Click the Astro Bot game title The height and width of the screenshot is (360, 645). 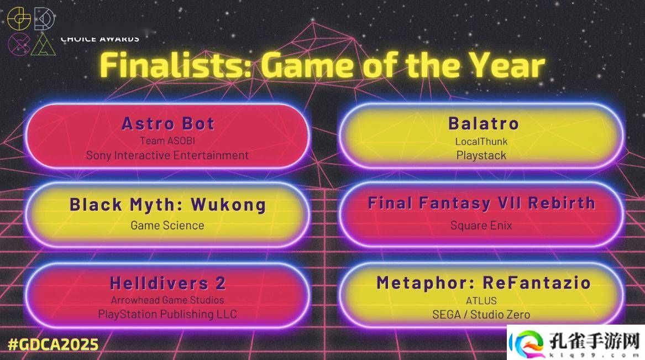pos(168,124)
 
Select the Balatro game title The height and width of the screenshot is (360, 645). pos(484,124)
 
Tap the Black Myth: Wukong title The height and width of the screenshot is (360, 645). pos(167,205)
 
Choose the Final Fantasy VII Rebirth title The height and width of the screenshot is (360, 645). pos(481,204)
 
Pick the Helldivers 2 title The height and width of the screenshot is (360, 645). pos(168,283)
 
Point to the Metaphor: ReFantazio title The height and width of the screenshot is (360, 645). pos(484,283)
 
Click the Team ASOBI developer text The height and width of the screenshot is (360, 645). pos(167,140)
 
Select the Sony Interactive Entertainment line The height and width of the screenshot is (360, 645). pos(167,155)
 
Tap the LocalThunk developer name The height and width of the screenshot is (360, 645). pos(481,142)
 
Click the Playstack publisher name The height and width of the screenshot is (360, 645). pos(481,155)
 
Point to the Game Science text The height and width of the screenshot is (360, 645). pos(167,226)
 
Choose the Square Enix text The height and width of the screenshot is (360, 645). pos(481,226)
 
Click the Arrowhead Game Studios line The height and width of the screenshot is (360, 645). pos(167,300)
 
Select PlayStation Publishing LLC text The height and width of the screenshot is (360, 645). pos(167,314)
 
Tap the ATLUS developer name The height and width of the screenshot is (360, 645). pos(481,301)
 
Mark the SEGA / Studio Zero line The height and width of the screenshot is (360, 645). pos(481,315)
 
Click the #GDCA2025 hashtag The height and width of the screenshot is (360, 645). pos(54,345)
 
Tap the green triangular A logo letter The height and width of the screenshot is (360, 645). pos(43,44)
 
